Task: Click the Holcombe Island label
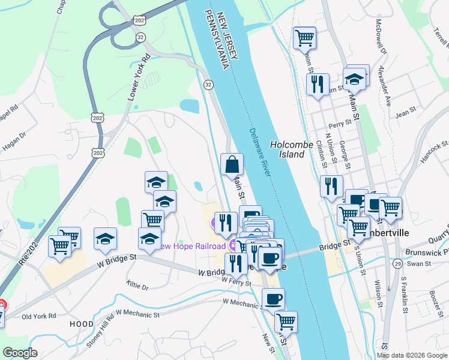(292, 149)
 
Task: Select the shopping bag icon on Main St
(232, 164)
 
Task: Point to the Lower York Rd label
(137, 79)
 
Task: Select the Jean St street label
(406, 112)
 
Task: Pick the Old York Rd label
(38, 316)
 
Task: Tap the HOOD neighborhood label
(81, 324)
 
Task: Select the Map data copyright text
(412, 355)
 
